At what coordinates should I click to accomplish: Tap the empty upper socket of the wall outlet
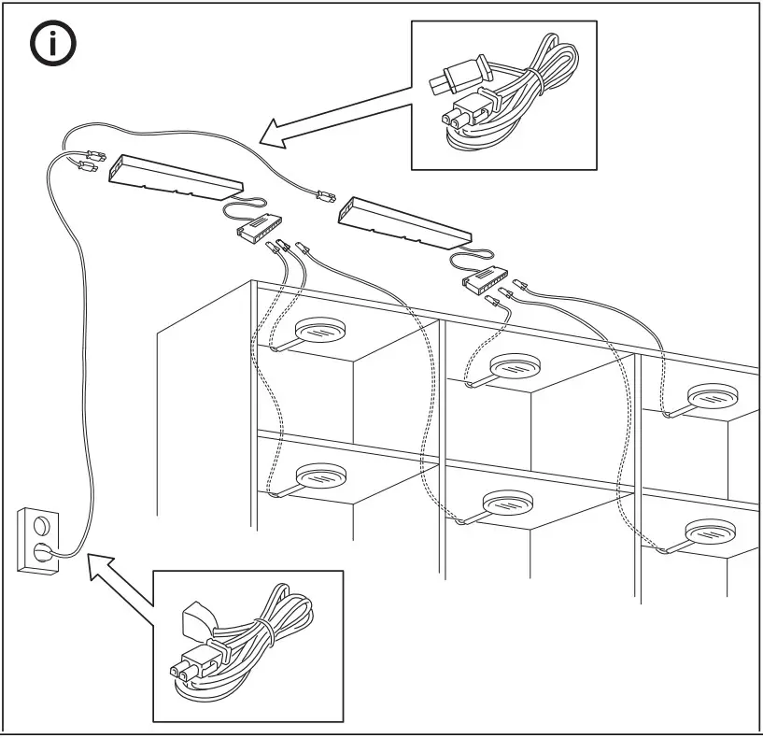point(40,524)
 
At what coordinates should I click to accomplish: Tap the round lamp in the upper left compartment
point(321,331)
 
